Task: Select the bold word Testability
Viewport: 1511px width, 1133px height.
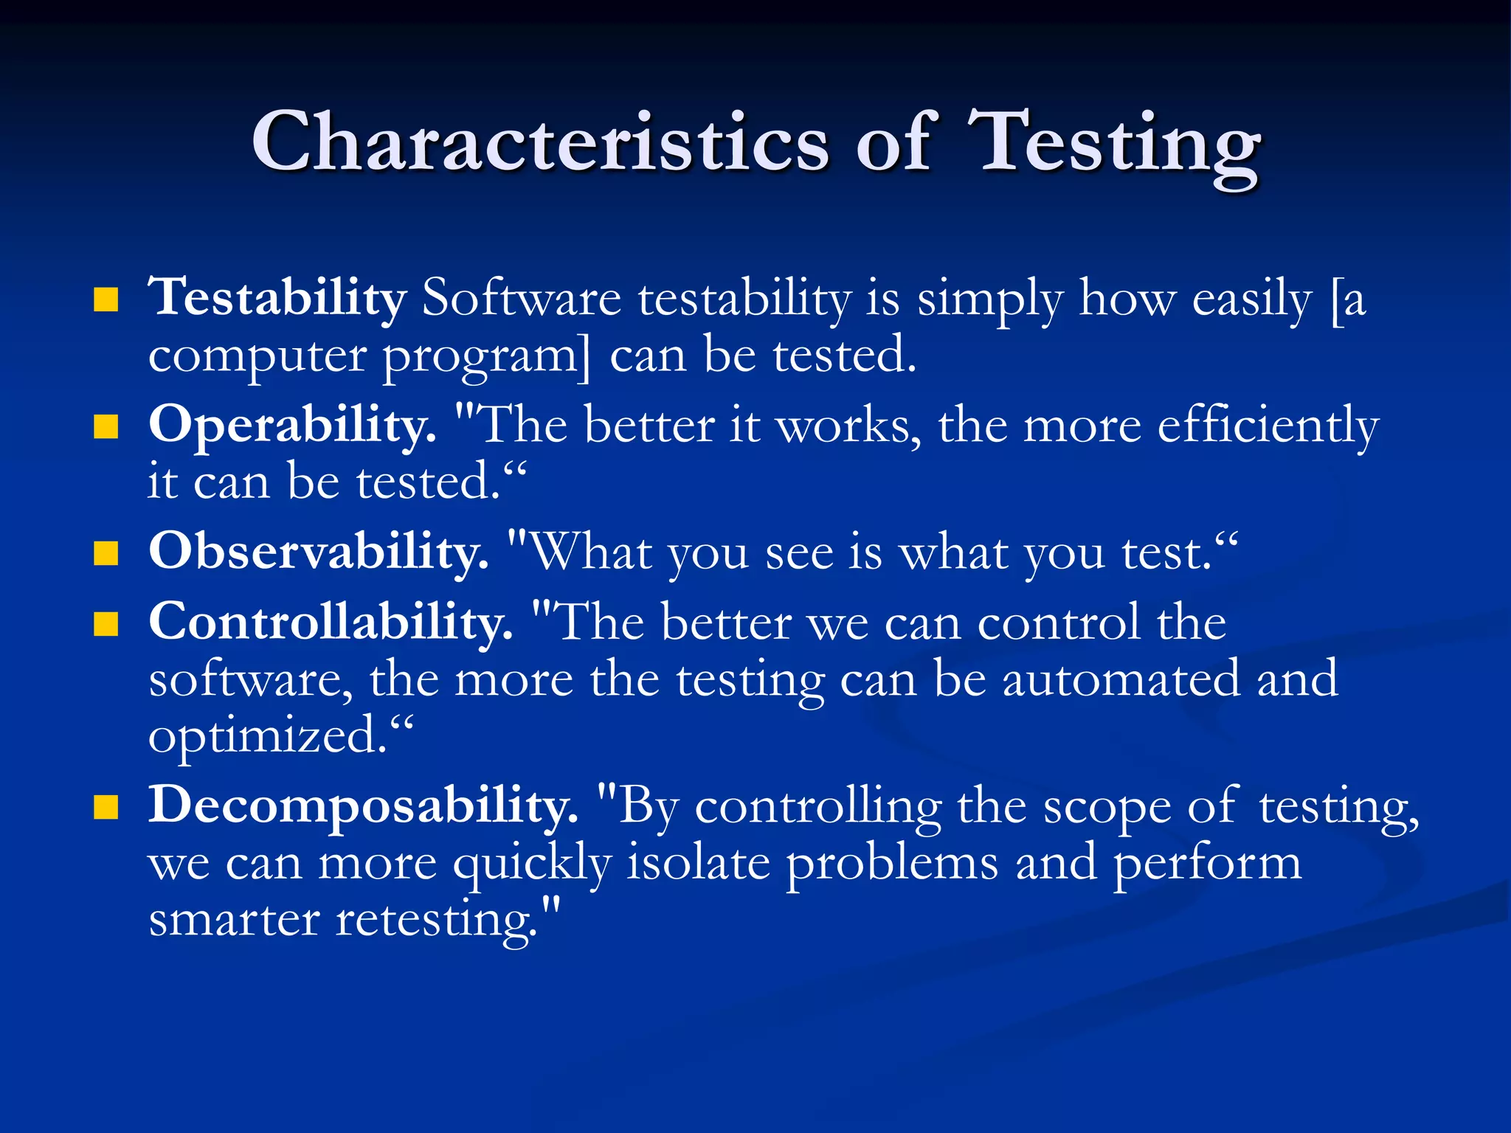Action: coord(277,298)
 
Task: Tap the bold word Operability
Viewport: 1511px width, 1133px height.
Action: coord(292,426)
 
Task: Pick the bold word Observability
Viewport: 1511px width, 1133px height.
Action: coord(319,552)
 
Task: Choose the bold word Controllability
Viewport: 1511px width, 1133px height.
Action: coord(331,622)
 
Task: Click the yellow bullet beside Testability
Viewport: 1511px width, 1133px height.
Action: coord(106,300)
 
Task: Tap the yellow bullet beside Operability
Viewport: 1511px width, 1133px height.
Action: coord(106,427)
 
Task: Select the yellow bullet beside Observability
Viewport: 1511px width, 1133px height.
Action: coord(106,553)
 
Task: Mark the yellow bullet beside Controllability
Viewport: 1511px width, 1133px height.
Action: coord(106,624)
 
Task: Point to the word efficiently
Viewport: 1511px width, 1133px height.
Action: coord(1268,426)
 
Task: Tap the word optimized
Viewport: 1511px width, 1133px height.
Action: coord(267,736)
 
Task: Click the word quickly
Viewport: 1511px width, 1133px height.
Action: coord(531,863)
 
